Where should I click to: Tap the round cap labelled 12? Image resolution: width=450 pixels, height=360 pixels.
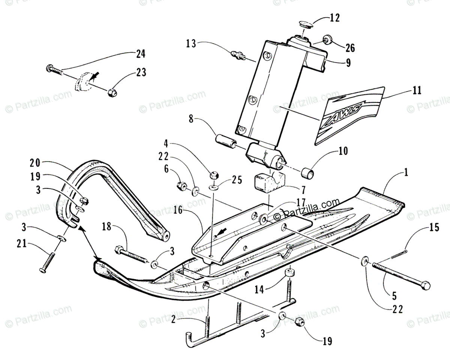pos(303,25)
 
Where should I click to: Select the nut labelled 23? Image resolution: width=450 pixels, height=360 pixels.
pos(111,92)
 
